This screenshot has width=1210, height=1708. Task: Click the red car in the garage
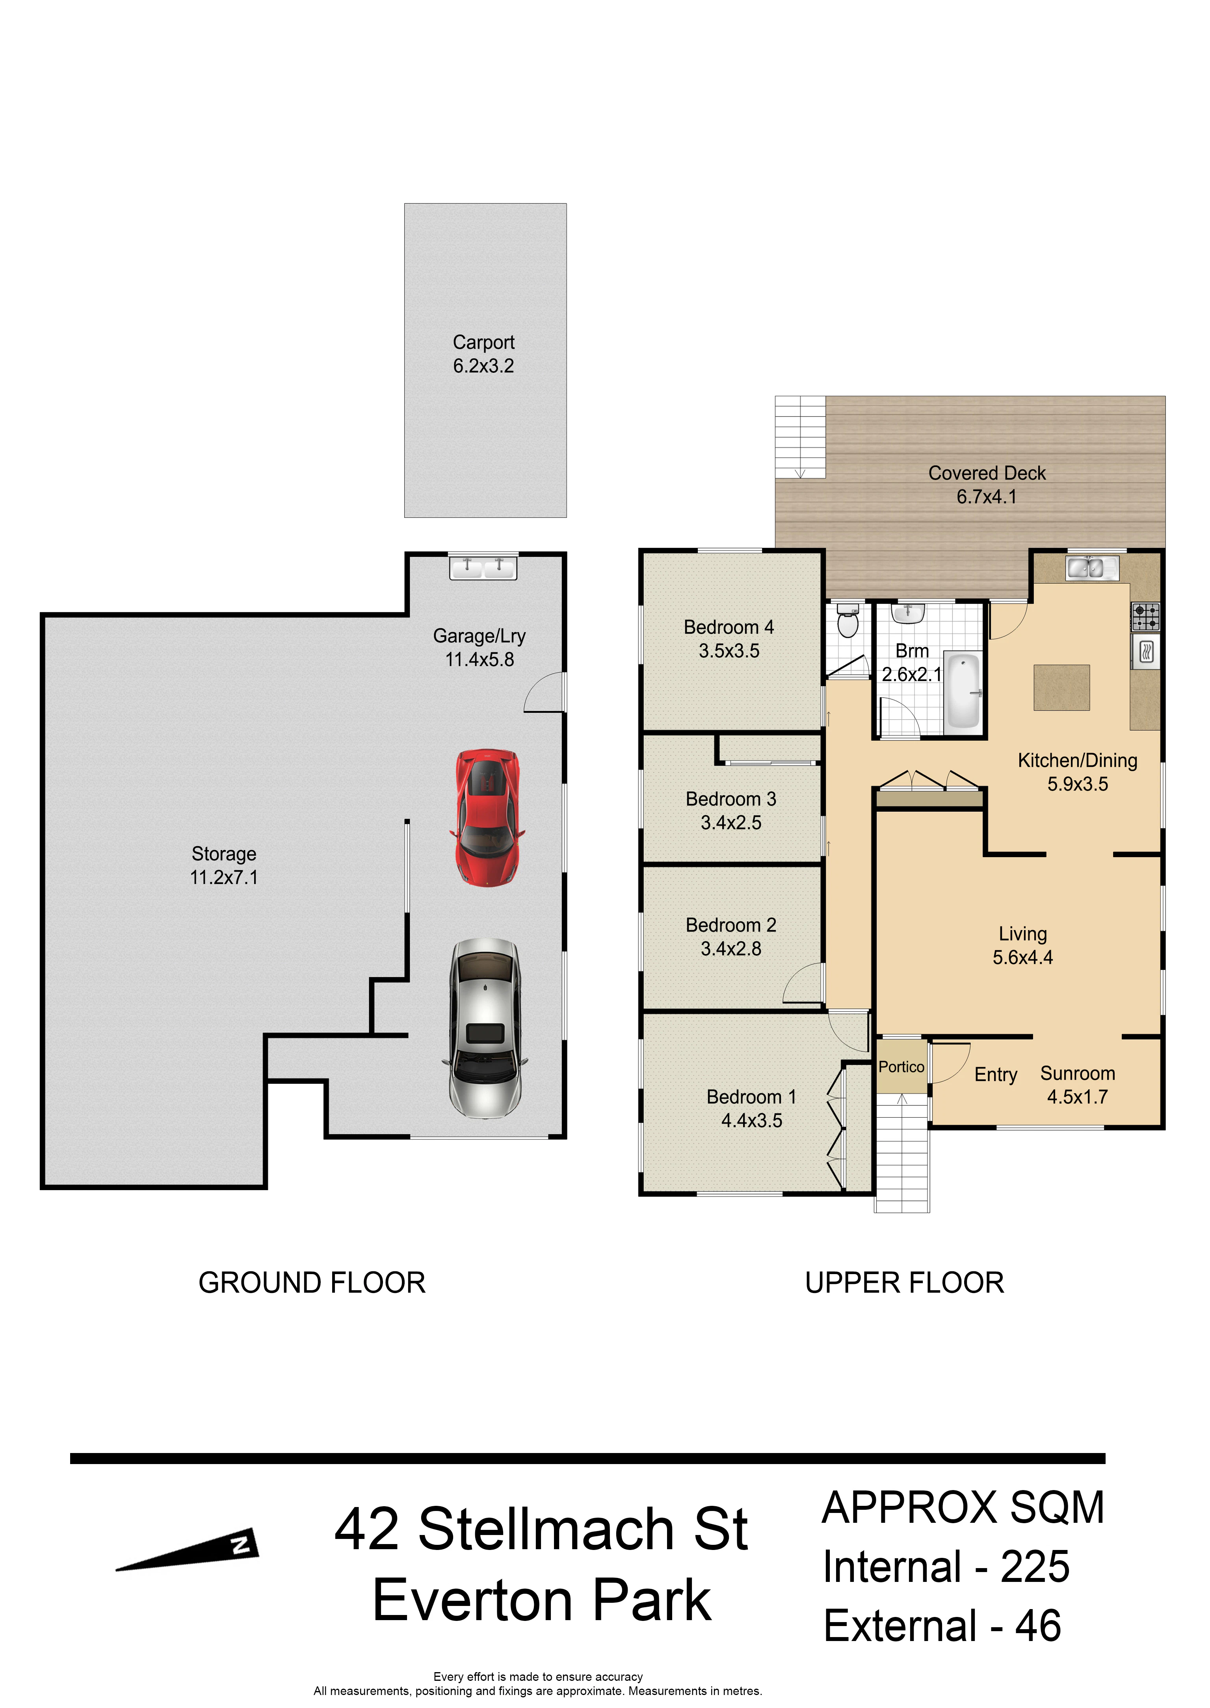[487, 817]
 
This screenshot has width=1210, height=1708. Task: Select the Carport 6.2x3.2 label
[483, 354]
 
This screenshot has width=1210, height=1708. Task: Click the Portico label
[901, 1066]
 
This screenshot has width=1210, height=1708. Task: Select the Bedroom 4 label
[729, 627]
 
